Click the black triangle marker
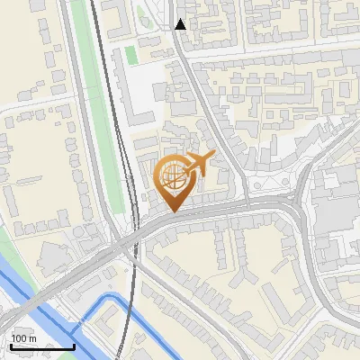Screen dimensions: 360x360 coord(181,24)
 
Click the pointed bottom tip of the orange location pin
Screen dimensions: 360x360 coord(173,211)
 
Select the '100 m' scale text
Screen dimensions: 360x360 coord(23,338)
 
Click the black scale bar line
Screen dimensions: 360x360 coord(42,346)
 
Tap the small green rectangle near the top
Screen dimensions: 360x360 coord(131,54)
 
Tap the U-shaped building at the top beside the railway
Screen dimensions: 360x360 coord(118,18)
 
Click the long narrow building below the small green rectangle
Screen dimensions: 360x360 coord(136,99)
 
